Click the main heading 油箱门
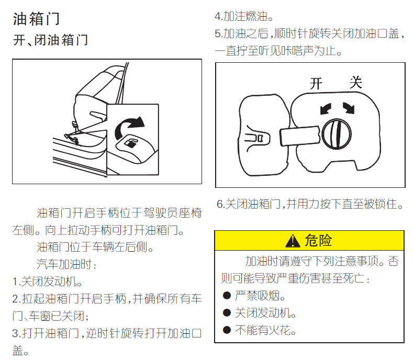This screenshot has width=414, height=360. pyautogui.click(x=37, y=19)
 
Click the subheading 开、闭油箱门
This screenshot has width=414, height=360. pyautogui.click(x=50, y=40)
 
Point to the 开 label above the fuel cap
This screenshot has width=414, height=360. pyautogui.click(x=316, y=84)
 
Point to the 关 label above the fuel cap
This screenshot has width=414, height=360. pyautogui.click(x=356, y=82)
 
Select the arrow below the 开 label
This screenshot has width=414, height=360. pyautogui.click(x=326, y=108)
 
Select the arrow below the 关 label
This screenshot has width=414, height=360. pyautogui.click(x=349, y=108)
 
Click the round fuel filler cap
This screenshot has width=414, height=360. pyautogui.click(x=337, y=134)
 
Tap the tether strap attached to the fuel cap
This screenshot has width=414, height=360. pyautogui.click(x=300, y=136)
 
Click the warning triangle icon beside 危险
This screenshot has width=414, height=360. pyautogui.click(x=293, y=241)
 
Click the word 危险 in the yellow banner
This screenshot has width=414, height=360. pyautogui.click(x=318, y=241)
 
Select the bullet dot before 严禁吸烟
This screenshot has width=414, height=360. pyautogui.click(x=227, y=295)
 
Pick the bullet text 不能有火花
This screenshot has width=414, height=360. pyautogui.click(x=265, y=330)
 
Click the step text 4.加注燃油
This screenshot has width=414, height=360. pyautogui.click(x=244, y=17)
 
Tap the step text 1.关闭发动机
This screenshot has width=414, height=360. pyautogui.click(x=47, y=282)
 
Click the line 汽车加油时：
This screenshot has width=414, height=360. pyautogui.click(x=66, y=264)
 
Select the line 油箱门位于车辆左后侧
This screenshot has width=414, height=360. pyautogui.click(x=95, y=247)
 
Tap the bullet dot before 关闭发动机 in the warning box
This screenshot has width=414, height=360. pyautogui.click(x=227, y=313)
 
